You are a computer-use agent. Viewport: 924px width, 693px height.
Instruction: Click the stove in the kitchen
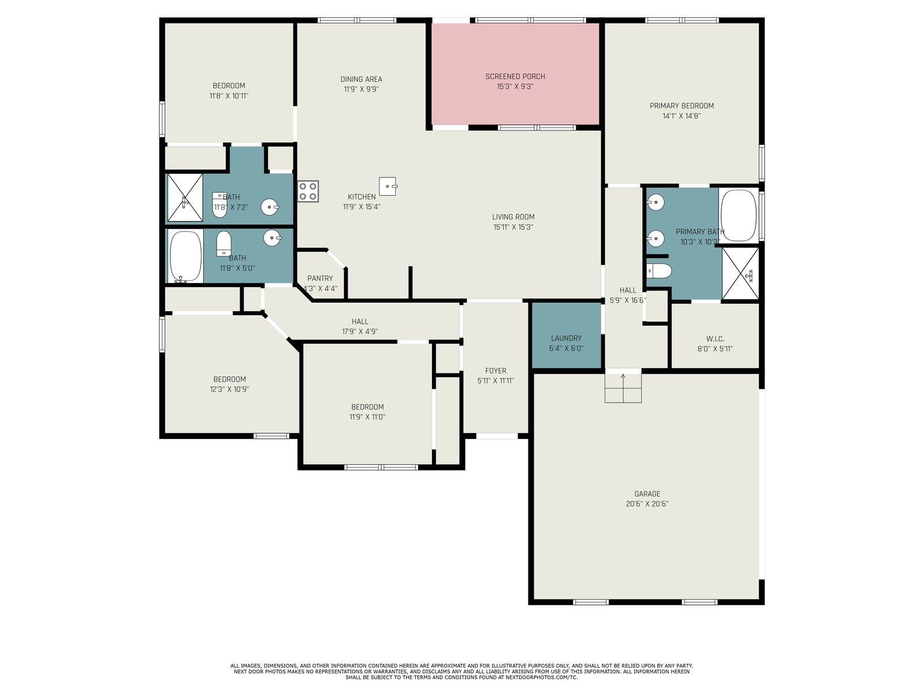pos(308,192)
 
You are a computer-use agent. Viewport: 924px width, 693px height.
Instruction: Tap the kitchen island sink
pos(388,186)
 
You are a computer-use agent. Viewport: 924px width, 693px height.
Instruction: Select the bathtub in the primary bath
pos(739,215)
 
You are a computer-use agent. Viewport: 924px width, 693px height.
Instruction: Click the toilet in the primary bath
pos(659,271)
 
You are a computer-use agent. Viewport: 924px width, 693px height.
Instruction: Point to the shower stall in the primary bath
pos(740,274)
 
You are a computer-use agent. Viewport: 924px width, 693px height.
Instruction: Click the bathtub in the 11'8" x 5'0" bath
pos(185,256)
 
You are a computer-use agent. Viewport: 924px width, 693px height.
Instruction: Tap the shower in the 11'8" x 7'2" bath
pos(185,198)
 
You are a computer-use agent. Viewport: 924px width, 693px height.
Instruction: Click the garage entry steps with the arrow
pos(623,388)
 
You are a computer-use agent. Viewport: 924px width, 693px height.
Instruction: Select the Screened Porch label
pos(515,76)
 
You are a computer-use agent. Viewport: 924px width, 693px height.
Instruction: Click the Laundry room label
pos(566,338)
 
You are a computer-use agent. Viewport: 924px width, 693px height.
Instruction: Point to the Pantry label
pos(320,278)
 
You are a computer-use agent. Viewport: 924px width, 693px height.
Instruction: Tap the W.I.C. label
pos(715,338)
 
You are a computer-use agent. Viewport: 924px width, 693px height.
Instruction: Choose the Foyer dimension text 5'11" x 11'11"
pos(495,381)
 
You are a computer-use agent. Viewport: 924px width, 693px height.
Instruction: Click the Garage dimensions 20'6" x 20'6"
pos(647,504)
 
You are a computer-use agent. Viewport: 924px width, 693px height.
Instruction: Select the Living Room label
pos(513,217)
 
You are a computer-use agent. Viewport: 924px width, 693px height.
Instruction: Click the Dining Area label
pos(361,79)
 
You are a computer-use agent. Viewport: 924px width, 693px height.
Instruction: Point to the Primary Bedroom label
pos(681,106)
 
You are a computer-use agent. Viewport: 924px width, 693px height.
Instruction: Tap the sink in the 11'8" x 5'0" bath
pos(272,238)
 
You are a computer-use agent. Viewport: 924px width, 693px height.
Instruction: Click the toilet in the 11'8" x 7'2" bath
pos(219,205)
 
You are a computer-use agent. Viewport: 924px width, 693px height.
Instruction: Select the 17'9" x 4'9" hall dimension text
pos(360,331)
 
